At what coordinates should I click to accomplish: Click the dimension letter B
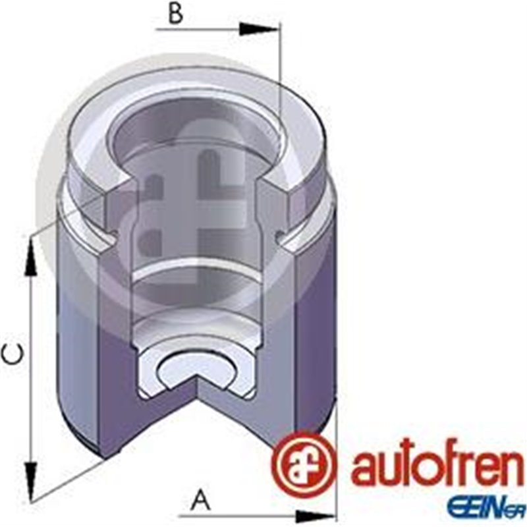[x=175, y=14]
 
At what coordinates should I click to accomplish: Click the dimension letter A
[x=200, y=501]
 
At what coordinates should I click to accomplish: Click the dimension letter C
[x=13, y=356]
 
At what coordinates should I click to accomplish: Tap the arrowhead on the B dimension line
[x=259, y=29]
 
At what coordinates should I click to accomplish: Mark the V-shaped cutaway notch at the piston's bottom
[x=198, y=402]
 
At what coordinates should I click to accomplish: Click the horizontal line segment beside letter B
[x=198, y=29]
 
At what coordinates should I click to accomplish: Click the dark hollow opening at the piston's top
[x=198, y=132]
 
